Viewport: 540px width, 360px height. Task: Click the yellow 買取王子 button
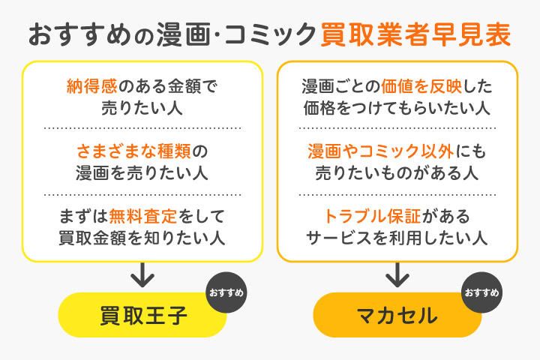pyautogui.click(x=142, y=315)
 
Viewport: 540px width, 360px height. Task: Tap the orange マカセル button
pyautogui.click(x=397, y=315)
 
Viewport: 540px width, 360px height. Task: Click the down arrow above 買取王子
pyautogui.click(x=142, y=275)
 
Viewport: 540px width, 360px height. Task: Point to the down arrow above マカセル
pyautogui.click(x=397, y=275)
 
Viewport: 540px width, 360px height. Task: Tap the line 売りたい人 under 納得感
pyautogui.click(x=142, y=107)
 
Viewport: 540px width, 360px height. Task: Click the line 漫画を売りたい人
pyautogui.click(x=142, y=173)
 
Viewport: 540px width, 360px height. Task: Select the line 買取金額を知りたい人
pyautogui.click(x=142, y=238)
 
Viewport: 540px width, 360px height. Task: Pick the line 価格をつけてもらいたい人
pyautogui.click(x=397, y=107)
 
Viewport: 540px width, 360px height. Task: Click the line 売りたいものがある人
pyautogui.click(x=397, y=173)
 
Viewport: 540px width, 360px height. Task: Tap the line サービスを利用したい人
pyautogui.click(x=397, y=238)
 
